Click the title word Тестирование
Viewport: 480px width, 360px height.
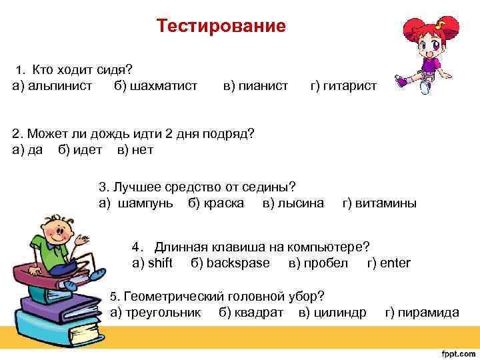pos(221,26)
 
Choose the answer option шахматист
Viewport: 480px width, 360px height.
pos(164,86)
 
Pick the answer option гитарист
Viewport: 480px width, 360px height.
pos(351,86)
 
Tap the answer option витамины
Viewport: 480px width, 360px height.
pos(387,203)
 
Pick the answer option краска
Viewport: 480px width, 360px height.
pos(223,203)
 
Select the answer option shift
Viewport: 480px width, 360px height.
pos(159,263)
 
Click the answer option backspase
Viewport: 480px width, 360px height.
pos(238,263)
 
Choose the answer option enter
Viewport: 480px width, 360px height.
pos(395,263)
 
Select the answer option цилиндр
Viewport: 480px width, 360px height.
pos(341,312)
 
